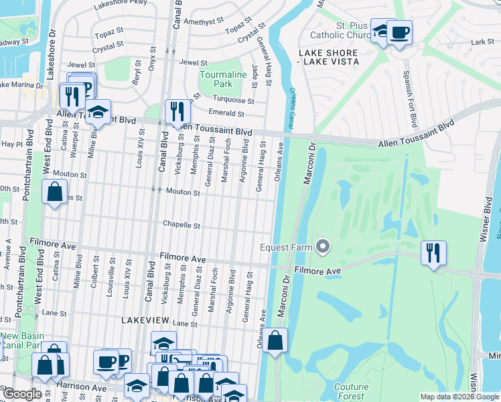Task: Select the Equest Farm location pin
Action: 323,247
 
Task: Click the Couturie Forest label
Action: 352,391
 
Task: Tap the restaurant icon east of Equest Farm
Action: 433,253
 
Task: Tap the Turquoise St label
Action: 232,100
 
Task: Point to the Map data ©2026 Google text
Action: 459,397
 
